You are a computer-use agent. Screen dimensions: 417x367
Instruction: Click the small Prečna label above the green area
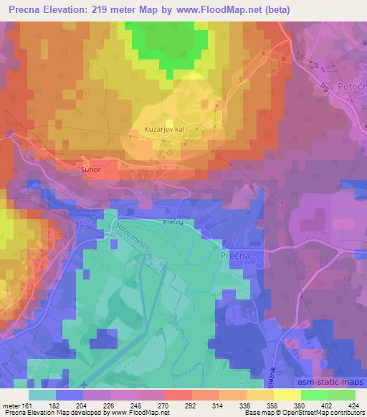click(173, 222)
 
